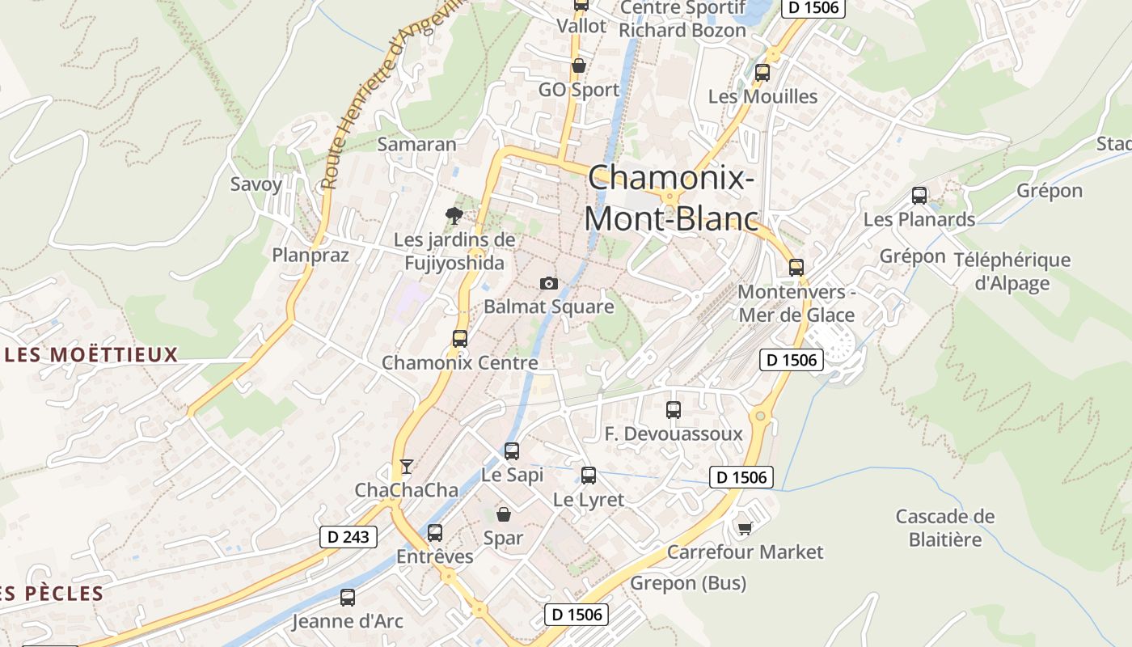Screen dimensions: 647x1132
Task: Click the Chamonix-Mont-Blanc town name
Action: click(x=671, y=198)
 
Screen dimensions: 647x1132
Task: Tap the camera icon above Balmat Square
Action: click(x=549, y=283)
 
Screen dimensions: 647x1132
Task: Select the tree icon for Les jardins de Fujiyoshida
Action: click(x=454, y=215)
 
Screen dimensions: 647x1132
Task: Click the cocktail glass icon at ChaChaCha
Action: click(x=407, y=466)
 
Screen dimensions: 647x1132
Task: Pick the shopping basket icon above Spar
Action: click(x=503, y=514)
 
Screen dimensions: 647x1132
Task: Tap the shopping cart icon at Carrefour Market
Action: click(x=745, y=528)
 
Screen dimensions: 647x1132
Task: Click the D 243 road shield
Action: click(x=348, y=536)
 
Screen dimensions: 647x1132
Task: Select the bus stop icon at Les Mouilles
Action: click(x=762, y=73)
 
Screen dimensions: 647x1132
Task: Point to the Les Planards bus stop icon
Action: click(x=919, y=195)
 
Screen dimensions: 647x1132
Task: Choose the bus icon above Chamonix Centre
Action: click(x=460, y=339)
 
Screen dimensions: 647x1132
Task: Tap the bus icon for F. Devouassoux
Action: click(x=674, y=410)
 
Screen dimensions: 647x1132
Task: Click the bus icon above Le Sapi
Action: click(x=511, y=451)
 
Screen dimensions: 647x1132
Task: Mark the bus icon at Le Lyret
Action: click(x=589, y=476)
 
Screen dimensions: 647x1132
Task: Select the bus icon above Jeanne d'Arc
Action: click(x=348, y=598)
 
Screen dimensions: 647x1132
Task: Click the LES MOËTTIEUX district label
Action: click(x=91, y=354)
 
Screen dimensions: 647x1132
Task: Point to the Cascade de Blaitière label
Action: click(x=944, y=527)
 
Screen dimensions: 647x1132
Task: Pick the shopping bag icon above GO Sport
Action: click(x=578, y=66)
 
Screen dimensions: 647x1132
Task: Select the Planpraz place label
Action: click(x=310, y=256)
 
